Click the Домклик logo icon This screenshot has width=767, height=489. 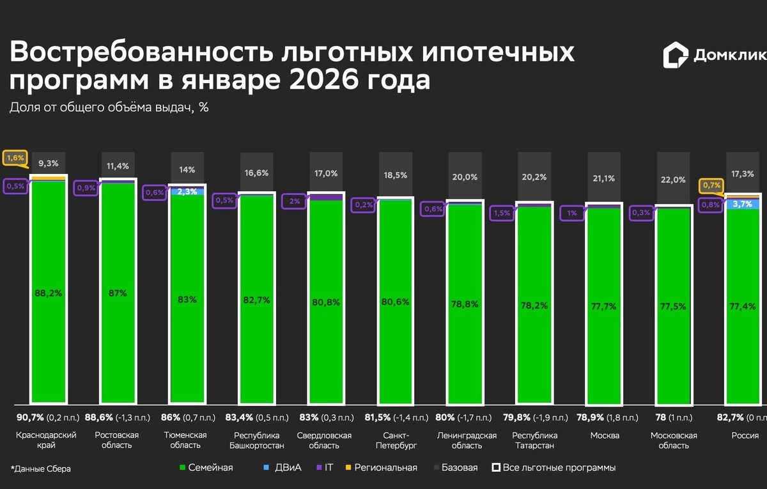click(676, 56)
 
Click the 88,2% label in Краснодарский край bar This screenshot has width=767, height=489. click(49, 293)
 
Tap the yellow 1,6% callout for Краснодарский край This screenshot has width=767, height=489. click(15, 157)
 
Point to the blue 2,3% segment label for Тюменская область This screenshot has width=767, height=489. click(187, 191)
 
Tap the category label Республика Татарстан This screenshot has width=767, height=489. click(533, 440)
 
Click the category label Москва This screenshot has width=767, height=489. click(604, 436)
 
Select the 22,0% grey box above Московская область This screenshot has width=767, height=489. click(673, 180)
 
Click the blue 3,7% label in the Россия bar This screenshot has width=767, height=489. click(743, 204)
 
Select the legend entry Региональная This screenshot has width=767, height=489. click(381, 467)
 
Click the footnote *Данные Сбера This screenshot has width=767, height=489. click(40, 469)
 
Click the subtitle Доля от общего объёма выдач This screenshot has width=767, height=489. click(109, 107)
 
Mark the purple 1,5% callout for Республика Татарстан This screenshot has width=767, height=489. click(502, 213)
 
